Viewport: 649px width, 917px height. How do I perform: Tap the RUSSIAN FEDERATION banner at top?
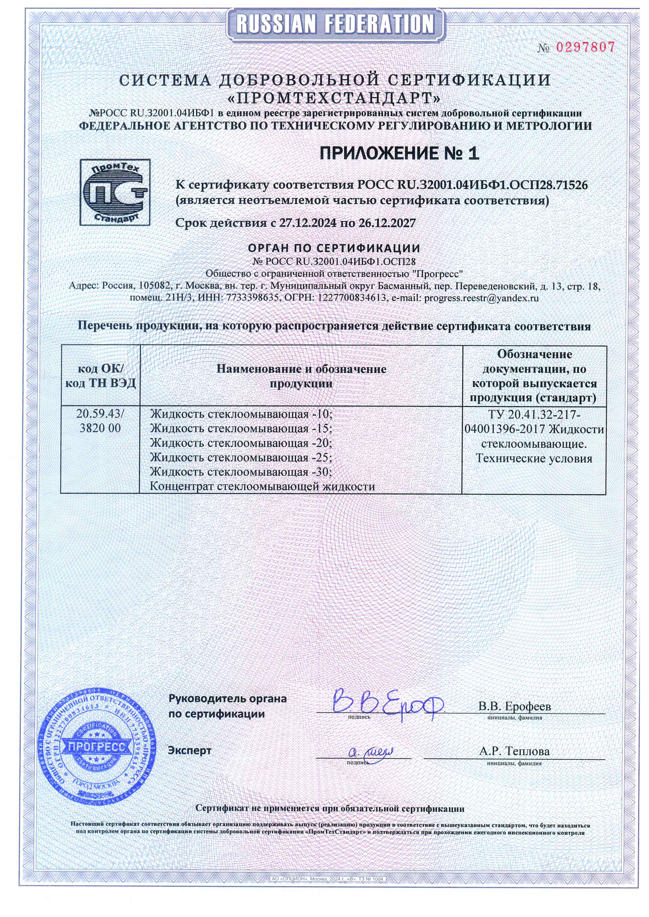pos(335,24)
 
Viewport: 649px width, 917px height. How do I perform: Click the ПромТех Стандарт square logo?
pos(115,192)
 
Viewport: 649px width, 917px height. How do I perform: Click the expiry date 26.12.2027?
pos(387,223)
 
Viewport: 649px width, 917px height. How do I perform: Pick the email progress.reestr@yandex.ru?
pos(481,298)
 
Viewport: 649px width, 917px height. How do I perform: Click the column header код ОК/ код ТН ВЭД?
pos(100,376)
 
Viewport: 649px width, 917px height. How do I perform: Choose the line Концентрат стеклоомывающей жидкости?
pos(262,486)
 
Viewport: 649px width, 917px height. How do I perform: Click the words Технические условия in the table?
pos(534,458)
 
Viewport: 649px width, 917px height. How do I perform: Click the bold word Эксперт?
pos(189,750)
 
